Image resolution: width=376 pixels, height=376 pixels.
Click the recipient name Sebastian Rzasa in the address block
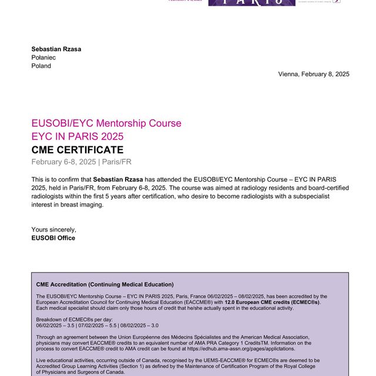coord(56,49)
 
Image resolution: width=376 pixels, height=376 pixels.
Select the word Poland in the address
coord(41,66)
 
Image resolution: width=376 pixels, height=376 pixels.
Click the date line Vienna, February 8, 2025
coord(314,74)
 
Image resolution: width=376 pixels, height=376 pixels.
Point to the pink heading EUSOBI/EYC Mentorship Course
coord(106,123)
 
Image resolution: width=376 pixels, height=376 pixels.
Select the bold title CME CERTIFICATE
coord(78,150)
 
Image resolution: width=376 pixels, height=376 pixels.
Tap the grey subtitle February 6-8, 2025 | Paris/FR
coord(82,162)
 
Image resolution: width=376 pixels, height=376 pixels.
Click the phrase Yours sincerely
coord(54,230)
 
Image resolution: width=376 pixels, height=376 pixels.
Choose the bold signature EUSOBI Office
coord(53,238)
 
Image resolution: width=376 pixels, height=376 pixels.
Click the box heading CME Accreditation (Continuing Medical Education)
coord(105,284)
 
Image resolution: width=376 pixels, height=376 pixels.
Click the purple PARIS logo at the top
coord(251,2)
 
